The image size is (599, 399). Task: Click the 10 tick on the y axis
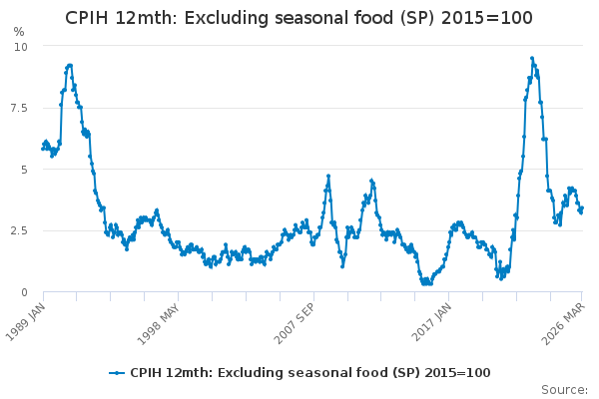point(21,47)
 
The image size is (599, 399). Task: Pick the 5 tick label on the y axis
point(24,170)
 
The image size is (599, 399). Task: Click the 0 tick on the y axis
point(24,292)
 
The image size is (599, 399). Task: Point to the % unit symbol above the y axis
point(19,32)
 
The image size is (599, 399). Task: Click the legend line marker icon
point(118,373)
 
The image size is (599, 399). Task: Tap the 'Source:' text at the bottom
point(564,390)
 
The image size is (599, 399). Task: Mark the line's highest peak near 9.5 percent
point(532,58)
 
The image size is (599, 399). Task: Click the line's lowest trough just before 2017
point(426,283)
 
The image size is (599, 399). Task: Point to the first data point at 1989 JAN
point(43,149)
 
